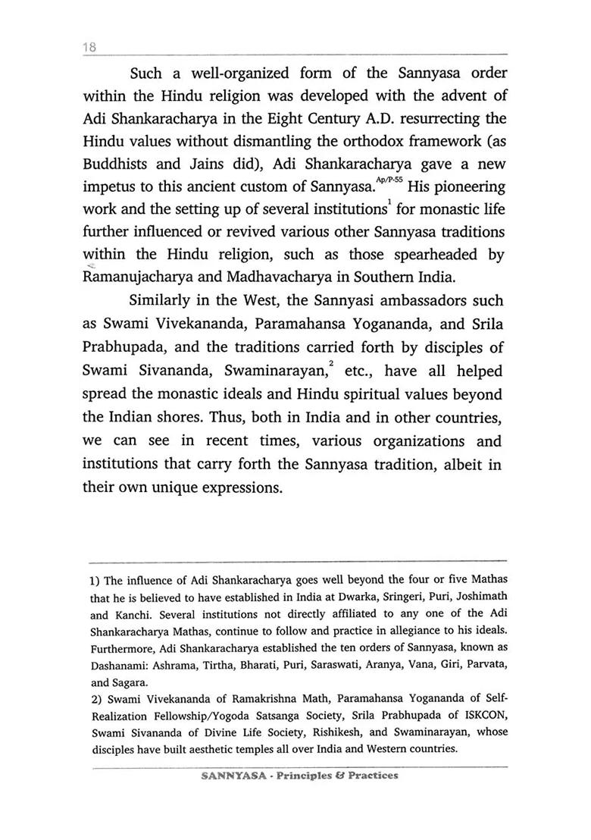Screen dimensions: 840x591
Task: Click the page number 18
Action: pos(89,47)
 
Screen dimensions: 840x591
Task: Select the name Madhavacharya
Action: pos(302,277)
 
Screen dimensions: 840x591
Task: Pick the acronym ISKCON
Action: pos(482,716)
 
